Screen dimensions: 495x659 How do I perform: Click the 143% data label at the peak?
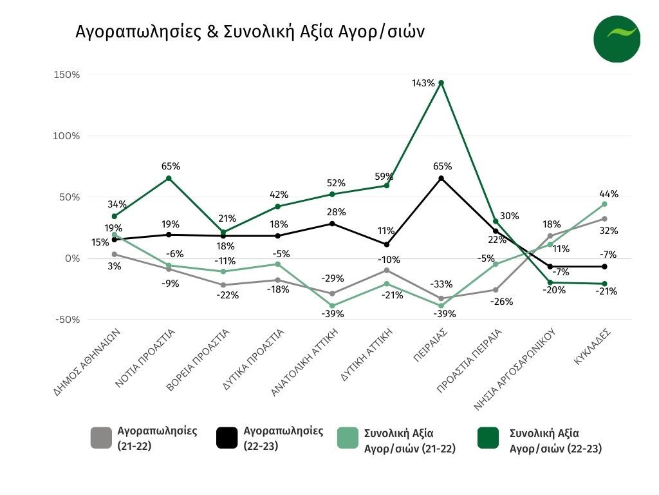pyautogui.click(x=425, y=83)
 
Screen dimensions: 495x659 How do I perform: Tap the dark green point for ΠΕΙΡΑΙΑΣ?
pyautogui.click(x=441, y=82)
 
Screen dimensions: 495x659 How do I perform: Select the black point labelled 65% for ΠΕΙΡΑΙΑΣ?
pyautogui.click(x=441, y=178)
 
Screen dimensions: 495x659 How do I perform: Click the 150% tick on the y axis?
pyautogui.click(x=67, y=75)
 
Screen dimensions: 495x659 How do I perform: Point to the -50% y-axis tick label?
pyautogui.click(x=67, y=320)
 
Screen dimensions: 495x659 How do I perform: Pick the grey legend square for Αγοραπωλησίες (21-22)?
pyautogui.click(x=101, y=438)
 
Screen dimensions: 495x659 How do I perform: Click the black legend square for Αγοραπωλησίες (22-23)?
pyautogui.click(x=227, y=438)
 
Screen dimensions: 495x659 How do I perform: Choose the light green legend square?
pyautogui.click(x=348, y=438)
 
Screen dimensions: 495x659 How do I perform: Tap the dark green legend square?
pyautogui.click(x=487, y=438)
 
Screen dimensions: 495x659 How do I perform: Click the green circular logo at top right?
pyautogui.click(x=617, y=39)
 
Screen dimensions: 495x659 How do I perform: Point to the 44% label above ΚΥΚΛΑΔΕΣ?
pyautogui.click(x=609, y=194)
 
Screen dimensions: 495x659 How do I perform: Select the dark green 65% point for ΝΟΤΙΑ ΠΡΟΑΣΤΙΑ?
pyautogui.click(x=169, y=178)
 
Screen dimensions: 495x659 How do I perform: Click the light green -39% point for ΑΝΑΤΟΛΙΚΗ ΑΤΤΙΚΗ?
pyautogui.click(x=332, y=306)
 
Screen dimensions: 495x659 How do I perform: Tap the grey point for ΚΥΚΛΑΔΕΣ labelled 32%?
pyautogui.click(x=604, y=219)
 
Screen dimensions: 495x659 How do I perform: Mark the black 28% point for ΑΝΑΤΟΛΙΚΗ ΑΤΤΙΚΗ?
pyautogui.click(x=332, y=224)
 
